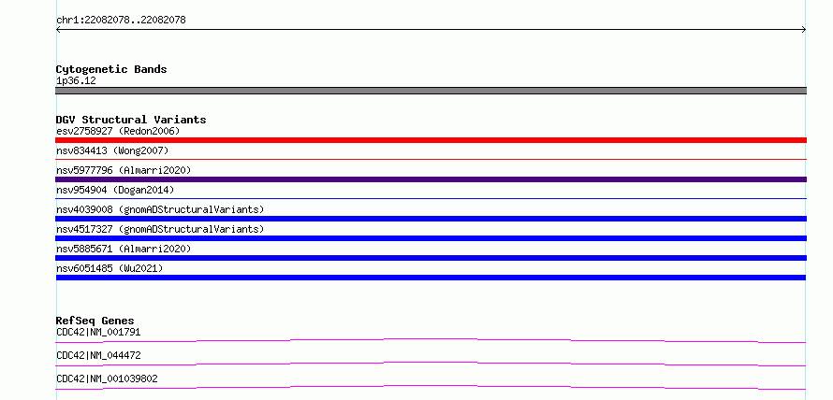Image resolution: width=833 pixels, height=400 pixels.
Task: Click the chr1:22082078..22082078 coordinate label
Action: pyautogui.click(x=121, y=21)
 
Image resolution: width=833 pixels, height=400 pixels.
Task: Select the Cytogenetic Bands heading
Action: pyautogui.click(x=111, y=69)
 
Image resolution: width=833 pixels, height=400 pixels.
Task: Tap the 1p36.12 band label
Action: pyautogui.click(x=76, y=81)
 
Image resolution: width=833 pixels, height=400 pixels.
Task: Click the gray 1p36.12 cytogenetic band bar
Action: pyautogui.click(x=431, y=91)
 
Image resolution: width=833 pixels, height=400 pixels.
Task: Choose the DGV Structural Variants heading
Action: pyautogui.click(x=131, y=120)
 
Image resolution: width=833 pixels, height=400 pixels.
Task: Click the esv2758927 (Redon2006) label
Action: pyautogui.click(x=118, y=131)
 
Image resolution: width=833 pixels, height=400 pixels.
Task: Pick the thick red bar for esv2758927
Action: pyautogui.click(x=431, y=140)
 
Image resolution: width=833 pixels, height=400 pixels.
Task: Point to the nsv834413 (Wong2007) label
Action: pyautogui.click(x=112, y=151)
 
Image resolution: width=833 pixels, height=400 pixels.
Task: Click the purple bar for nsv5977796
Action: pyautogui.click(x=431, y=179)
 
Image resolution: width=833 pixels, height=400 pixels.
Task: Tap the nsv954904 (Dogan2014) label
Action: pyautogui.click(x=115, y=190)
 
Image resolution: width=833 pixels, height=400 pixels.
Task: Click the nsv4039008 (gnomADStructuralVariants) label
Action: pyautogui.click(x=160, y=209)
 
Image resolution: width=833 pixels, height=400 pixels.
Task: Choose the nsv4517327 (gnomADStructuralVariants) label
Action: pyautogui.click(x=160, y=229)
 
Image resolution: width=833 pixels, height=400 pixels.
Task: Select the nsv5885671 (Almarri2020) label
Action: pyautogui.click(x=124, y=249)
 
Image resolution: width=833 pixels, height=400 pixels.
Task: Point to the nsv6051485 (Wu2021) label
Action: pyautogui.click(x=110, y=268)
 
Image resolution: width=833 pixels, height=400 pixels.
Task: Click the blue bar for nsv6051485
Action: pyautogui.click(x=431, y=278)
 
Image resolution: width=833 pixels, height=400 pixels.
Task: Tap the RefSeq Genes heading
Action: pyautogui.click(x=95, y=321)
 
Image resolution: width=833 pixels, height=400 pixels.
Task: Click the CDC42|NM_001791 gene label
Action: pyautogui.click(x=98, y=332)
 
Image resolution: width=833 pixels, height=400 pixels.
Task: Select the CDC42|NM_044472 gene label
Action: pyautogui.click(x=98, y=355)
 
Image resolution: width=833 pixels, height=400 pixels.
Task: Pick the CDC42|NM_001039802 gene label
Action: pyautogui.click(x=107, y=379)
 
